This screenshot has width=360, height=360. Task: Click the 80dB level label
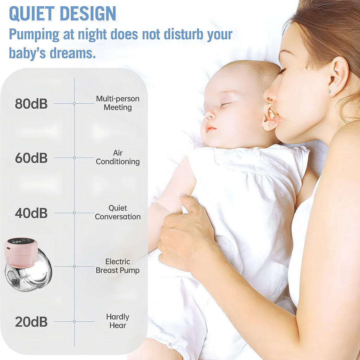click(x=31, y=104)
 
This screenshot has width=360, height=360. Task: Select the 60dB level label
click(x=31, y=158)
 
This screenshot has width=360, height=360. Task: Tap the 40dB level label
click(x=31, y=213)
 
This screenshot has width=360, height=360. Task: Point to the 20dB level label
click(x=31, y=322)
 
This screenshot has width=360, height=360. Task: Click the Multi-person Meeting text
click(x=118, y=103)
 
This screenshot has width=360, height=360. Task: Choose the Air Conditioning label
click(x=118, y=157)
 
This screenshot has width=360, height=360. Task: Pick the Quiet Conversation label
click(x=118, y=212)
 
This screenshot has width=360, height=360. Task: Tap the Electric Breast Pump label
click(x=118, y=266)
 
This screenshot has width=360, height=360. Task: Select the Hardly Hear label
click(x=118, y=321)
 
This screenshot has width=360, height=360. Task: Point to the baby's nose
click(x=210, y=115)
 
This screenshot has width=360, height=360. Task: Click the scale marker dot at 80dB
click(x=74, y=103)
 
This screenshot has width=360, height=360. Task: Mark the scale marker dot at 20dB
click(x=74, y=321)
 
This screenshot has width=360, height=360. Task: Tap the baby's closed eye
click(x=225, y=104)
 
